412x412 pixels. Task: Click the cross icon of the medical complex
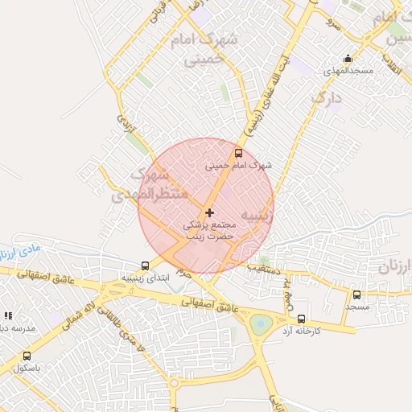click(x=210, y=212)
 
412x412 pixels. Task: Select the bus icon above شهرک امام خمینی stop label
click(x=237, y=152)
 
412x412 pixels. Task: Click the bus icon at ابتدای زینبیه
click(x=145, y=265)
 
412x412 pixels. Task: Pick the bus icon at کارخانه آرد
click(x=301, y=319)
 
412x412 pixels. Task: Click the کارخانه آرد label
click(x=301, y=331)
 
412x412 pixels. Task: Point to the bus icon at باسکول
click(x=27, y=356)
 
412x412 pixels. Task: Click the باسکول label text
click(x=27, y=368)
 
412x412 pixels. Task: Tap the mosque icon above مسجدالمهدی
click(x=347, y=58)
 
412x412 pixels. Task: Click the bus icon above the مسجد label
click(x=357, y=295)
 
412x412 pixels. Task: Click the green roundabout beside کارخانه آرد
click(x=261, y=325)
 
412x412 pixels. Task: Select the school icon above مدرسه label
click(x=9, y=317)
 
